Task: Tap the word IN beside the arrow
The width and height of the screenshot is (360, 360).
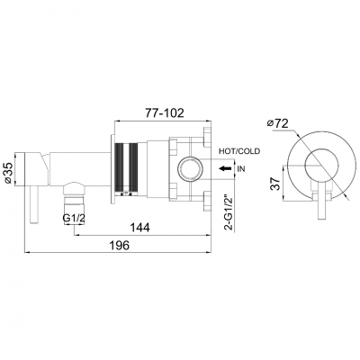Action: coord(240,167)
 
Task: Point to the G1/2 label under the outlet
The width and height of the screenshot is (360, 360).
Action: coord(74,218)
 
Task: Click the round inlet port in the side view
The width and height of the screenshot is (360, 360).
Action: coord(191,167)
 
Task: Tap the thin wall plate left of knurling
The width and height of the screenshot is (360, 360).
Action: coord(114,166)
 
